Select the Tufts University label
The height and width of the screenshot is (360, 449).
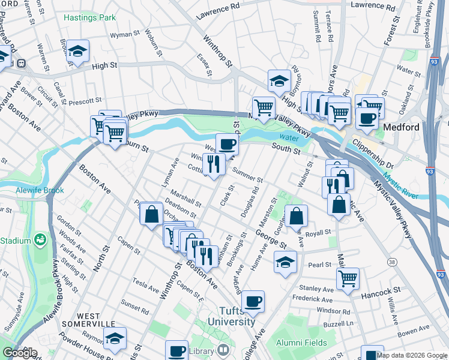[x=231, y=316]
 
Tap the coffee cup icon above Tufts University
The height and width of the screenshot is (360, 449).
[x=253, y=301]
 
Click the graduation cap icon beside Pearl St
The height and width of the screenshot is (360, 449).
[x=286, y=262]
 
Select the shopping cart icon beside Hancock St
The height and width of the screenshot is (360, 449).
[x=348, y=278]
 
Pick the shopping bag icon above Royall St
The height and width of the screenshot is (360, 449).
[x=297, y=215]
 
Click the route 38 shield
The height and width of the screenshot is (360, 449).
[x=391, y=262]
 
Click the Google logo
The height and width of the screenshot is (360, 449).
[x=19, y=353]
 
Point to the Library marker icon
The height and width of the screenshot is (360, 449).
[x=223, y=350]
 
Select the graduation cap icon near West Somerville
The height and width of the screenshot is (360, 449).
[x=115, y=338]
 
